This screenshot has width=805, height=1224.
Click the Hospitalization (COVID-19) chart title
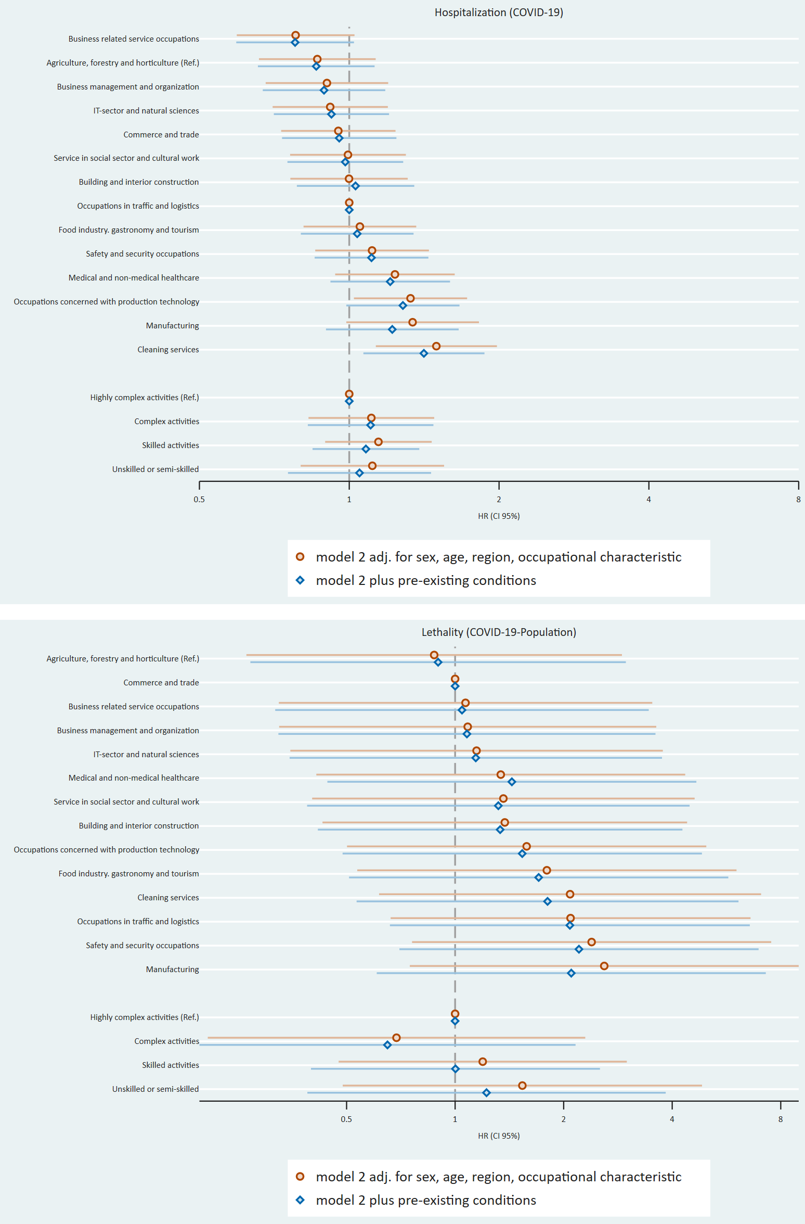[499, 12]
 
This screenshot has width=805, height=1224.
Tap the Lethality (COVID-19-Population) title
[499, 632]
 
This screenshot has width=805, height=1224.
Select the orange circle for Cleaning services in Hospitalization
[436, 346]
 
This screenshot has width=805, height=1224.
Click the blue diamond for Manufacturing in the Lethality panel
[571, 973]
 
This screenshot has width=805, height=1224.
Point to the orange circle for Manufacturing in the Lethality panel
[604, 966]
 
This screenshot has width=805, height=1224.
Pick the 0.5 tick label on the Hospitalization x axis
[199, 500]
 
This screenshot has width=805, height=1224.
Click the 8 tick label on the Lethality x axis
[780, 1119]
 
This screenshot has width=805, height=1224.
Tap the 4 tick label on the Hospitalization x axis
[648, 500]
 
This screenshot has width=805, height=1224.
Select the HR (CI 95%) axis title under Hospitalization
[499, 516]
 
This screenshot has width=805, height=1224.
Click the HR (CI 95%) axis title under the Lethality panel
[499, 1136]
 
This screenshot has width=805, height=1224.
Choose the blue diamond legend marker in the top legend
[300, 580]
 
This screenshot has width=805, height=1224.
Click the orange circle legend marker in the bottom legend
[300, 1177]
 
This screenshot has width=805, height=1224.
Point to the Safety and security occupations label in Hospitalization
[142, 254]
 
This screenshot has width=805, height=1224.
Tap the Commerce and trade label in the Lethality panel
[161, 683]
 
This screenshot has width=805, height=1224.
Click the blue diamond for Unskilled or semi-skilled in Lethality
[486, 1093]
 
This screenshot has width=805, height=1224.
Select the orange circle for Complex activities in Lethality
[396, 1038]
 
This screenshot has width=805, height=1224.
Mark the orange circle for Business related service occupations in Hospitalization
[295, 35]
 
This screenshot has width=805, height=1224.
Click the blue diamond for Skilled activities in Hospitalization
[366, 449]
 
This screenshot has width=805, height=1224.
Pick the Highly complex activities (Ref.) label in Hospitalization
[145, 398]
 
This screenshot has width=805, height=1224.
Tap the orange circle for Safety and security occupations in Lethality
[591, 942]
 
